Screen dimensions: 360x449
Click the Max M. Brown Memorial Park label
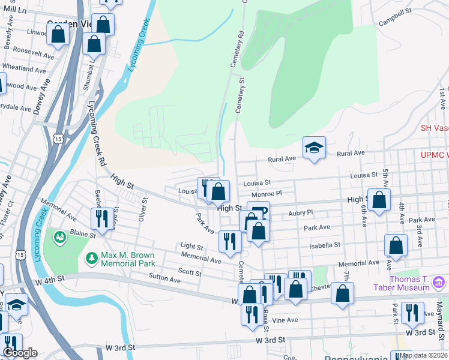tap(128, 259)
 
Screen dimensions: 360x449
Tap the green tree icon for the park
tap(92, 259)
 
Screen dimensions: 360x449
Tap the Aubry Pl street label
tap(300, 212)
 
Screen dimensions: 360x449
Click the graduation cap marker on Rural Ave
tap(313, 148)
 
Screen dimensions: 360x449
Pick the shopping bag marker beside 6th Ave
tap(379, 200)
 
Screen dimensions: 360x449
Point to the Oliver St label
tap(142, 209)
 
